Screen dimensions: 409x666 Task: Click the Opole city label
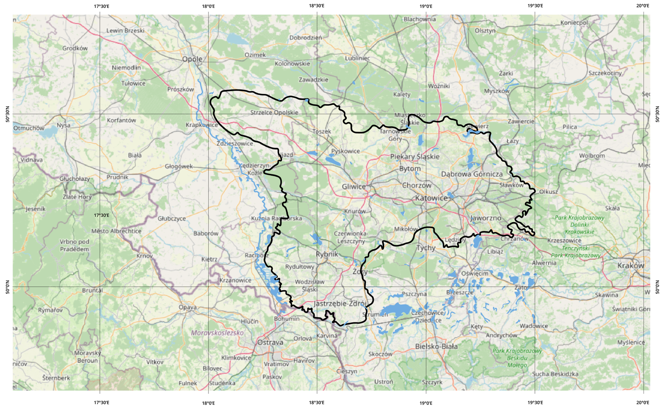point(192,59)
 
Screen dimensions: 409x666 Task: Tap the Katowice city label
point(431,198)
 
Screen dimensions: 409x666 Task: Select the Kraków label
point(630,265)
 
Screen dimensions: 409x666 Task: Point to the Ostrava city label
point(270,342)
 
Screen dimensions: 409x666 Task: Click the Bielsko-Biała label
point(436,346)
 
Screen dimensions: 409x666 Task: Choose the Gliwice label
point(354,187)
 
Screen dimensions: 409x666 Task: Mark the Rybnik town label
point(327,254)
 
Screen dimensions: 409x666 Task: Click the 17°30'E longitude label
point(102,215)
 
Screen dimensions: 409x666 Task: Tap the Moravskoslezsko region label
point(217,333)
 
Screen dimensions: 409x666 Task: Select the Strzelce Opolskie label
point(274,112)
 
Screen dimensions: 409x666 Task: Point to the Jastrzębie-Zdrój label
point(340,304)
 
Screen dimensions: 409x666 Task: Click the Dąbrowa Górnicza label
point(472,174)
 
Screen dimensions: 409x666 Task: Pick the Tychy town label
point(426,248)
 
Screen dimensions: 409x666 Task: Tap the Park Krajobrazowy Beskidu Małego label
point(517,358)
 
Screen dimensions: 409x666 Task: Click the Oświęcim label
point(475,273)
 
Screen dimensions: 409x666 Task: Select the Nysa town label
point(64,125)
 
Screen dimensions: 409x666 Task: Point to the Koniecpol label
point(574,22)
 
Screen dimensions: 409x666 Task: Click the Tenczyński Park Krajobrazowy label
point(576,252)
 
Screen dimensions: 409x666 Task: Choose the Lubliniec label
point(357,58)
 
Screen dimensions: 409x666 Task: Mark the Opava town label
point(187,307)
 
